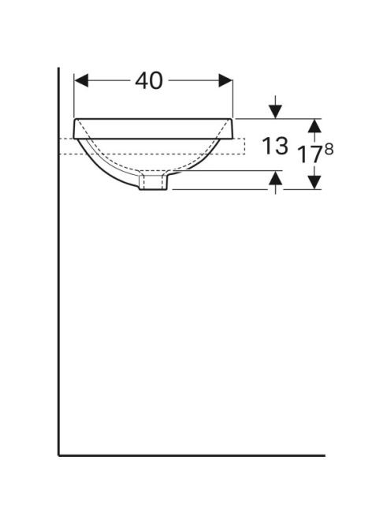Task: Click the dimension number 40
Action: (x=149, y=80)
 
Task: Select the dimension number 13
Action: (x=275, y=146)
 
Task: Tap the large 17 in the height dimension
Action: (x=311, y=154)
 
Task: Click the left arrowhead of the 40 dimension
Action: (x=81, y=80)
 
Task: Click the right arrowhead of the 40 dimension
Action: (x=225, y=80)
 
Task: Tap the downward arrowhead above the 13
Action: (x=275, y=111)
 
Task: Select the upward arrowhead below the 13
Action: (x=275, y=177)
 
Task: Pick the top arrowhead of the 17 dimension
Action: (x=315, y=126)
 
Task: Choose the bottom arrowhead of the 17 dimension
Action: (x=315, y=183)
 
